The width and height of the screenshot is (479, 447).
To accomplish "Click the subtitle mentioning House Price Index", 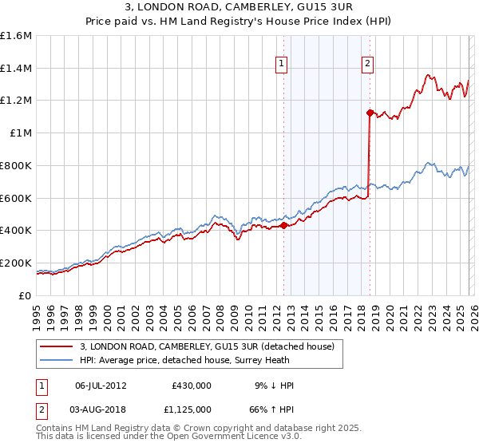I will [x=239, y=22].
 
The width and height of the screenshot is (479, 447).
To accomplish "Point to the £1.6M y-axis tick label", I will [x=16, y=36].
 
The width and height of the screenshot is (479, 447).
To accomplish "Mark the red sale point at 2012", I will [x=283, y=226].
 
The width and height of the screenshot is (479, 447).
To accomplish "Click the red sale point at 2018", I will [x=370, y=113].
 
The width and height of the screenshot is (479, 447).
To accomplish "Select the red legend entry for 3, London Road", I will [x=211, y=347].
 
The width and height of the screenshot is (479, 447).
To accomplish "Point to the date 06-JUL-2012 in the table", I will [x=101, y=386].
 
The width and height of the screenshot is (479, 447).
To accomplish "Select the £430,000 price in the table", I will [x=192, y=386].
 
